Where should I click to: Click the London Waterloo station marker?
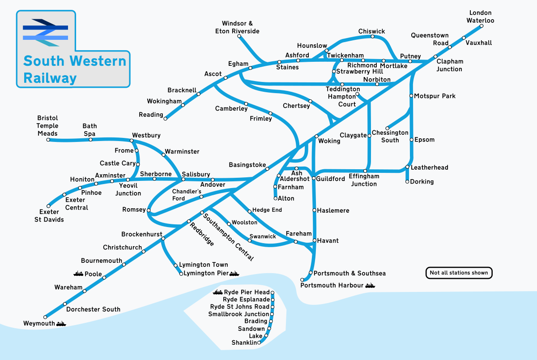tap(482, 26)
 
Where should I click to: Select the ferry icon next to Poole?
tap(78, 274)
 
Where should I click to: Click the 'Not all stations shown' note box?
tap(459, 273)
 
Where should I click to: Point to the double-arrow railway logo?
tap(46, 33)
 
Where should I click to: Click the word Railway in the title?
tap(50, 78)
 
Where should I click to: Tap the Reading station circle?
tap(166, 119)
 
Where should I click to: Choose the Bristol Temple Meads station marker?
tap(48, 140)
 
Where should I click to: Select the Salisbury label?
tap(196, 174)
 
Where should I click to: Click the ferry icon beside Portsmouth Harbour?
tap(370, 285)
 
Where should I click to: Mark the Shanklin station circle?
tap(260, 343)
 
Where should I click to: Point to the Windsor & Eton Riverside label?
tap(240, 27)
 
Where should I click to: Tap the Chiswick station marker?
tap(373, 36)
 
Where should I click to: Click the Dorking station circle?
tap(407, 182)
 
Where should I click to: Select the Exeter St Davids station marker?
tap(48, 206)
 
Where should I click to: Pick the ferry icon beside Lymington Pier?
tap(234, 273)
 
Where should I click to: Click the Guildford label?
tap(331, 179)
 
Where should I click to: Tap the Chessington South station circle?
tap(388, 129)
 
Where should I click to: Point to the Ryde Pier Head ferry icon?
tap(218, 292)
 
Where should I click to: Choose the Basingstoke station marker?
tap(268, 169)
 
